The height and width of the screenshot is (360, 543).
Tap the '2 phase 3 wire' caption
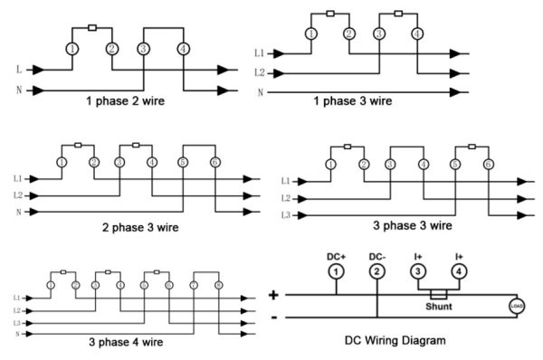[139, 228]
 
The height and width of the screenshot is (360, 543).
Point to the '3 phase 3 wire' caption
[414, 224]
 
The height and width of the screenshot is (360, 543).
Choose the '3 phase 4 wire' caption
[127, 342]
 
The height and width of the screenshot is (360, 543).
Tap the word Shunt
[438, 306]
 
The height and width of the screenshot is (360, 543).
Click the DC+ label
[335, 256]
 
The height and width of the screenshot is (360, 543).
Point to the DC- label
[377, 256]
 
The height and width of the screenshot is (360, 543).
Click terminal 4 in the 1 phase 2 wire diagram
[184, 48]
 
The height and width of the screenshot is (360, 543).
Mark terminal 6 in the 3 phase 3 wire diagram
[489, 164]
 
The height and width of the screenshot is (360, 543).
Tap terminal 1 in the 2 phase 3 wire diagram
[62, 162]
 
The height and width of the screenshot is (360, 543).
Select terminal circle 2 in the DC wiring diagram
[377, 271]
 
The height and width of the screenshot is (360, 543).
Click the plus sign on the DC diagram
[275, 295]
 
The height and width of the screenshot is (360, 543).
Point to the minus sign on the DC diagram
[275, 317]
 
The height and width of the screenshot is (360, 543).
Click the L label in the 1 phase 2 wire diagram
[20, 69]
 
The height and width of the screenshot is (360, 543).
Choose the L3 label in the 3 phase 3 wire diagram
[285, 215]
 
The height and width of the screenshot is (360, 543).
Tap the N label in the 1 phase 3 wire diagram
[261, 92]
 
